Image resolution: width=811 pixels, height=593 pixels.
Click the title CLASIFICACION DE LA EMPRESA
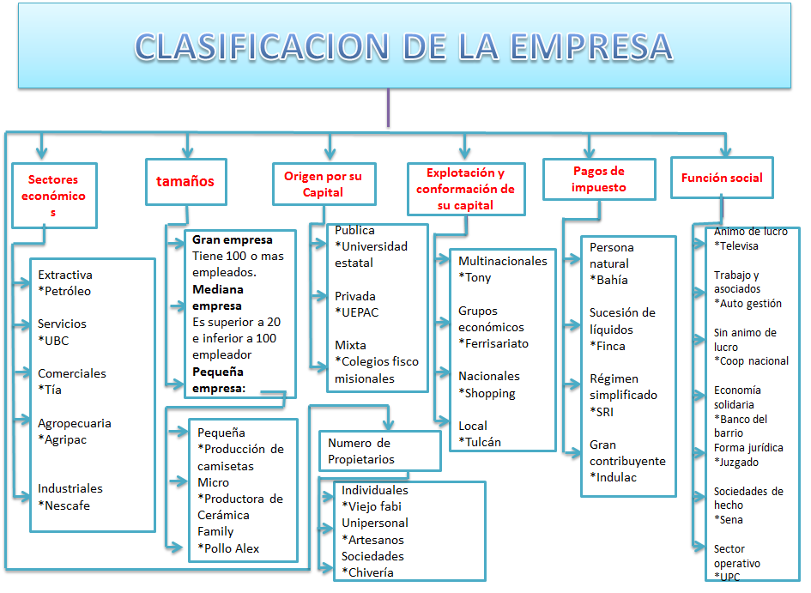[404, 47]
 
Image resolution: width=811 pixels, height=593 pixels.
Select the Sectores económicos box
[54, 196]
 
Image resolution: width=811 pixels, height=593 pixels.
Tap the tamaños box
[185, 181]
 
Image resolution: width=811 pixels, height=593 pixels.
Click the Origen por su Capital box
[324, 184]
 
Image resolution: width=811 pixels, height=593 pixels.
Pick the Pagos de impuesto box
[599, 179]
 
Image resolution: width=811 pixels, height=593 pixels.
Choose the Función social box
[722, 178]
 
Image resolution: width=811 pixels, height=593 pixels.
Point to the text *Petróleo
[64, 291]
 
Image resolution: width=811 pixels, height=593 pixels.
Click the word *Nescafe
[64, 505]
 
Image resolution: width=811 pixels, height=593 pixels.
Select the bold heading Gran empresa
[233, 239]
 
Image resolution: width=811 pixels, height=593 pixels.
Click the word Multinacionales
[503, 261]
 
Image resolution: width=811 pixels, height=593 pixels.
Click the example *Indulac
[614, 477]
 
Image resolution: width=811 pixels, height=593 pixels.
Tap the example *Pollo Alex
[228, 548]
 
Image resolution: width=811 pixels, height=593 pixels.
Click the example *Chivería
[368, 572]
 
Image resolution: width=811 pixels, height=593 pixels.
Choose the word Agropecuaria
[75, 423]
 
